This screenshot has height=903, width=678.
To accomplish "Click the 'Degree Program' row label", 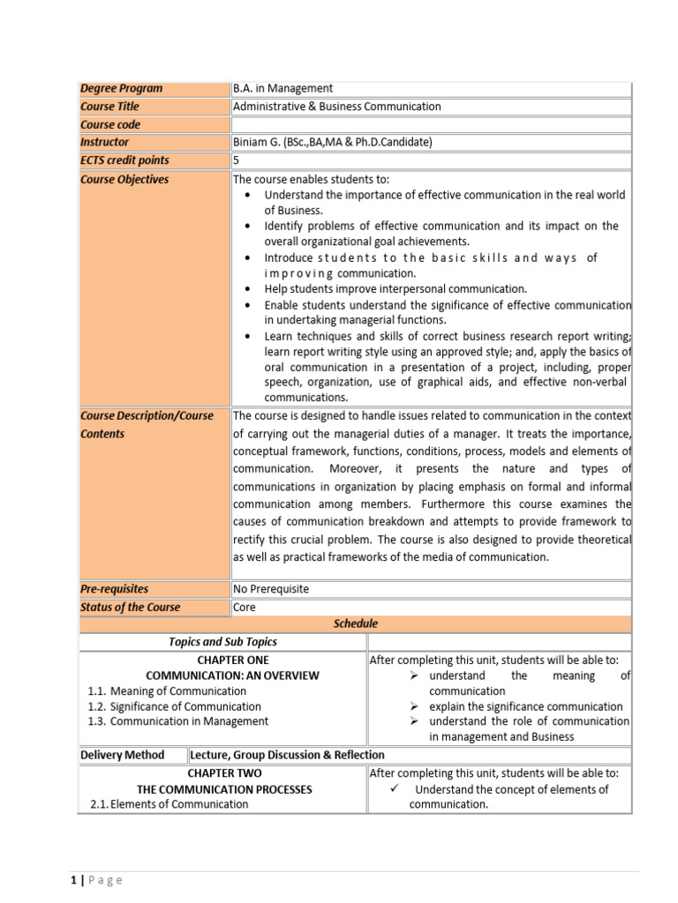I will pyautogui.click(x=122, y=88).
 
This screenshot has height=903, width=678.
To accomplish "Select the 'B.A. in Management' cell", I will pyautogui.click(x=282, y=88).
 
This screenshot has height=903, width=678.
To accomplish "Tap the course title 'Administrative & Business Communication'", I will pyautogui.click(x=336, y=107).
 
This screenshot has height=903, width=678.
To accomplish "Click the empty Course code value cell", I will pyautogui.click(x=431, y=124).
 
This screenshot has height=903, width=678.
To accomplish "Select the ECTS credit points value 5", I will pyautogui.click(x=237, y=160).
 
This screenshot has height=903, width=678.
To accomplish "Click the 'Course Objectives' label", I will pyautogui.click(x=124, y=179).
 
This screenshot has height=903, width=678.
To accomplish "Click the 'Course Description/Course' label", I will pyautogui.click(x=147, y=415).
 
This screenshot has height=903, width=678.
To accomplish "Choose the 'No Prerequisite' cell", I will pyautogui.click(x=271, y=589).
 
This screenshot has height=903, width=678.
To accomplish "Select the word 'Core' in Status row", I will pyautogui.click(x=244, y=607).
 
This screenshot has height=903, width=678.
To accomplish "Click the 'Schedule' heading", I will pyautogui.click(x=355, y=623).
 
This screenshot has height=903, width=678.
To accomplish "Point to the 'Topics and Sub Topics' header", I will pyautogui.click(x=222, y=642).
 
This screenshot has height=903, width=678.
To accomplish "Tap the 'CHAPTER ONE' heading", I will pyautogui.click(x=233, y=660).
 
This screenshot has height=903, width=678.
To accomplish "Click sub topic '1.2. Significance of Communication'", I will pyautogui.click(x=175, y=706).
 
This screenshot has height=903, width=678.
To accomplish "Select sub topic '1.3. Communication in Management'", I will pyautogui.click(x=178, y=721).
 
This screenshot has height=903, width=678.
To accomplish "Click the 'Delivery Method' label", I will pyautogui.click(x=122, y=755).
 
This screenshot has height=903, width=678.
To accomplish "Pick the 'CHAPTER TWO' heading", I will pyautogui.click(x=232, y=773).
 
